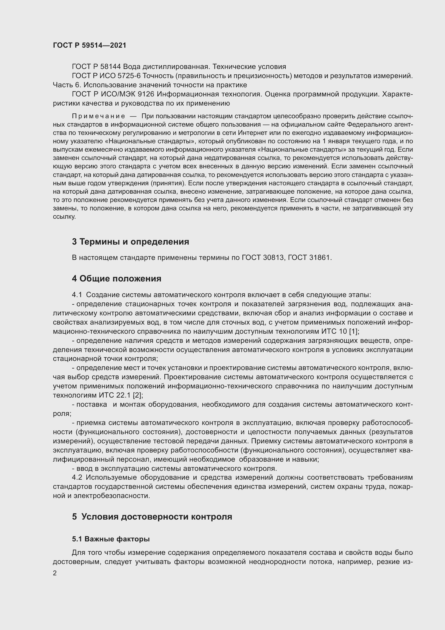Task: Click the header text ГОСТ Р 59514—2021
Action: coord(90,45)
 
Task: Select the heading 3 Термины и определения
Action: coord(130,242)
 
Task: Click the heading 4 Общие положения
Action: coord(116,279)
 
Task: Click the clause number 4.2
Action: coord(77,478)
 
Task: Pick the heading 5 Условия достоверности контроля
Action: coord(152,517)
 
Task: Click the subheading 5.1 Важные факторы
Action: coord(111,539)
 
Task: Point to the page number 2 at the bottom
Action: coord(55,573)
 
